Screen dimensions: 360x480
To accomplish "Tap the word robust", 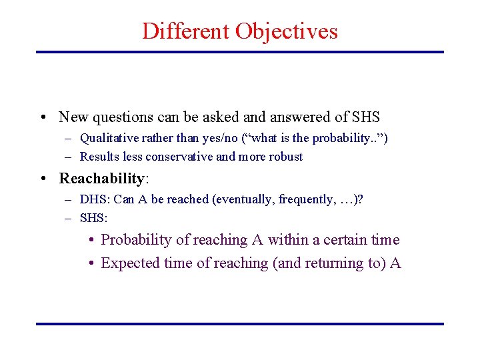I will tap(285, 157).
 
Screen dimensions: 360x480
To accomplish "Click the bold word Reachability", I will tap(101, 179).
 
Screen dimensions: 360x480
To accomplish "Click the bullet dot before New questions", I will tap(42, 118).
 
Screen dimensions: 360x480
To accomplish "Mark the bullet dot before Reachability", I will tap(42, 179).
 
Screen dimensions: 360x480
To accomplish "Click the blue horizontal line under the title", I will tap(239, 52).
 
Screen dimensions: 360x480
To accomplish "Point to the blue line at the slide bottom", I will tap(239, 324).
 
